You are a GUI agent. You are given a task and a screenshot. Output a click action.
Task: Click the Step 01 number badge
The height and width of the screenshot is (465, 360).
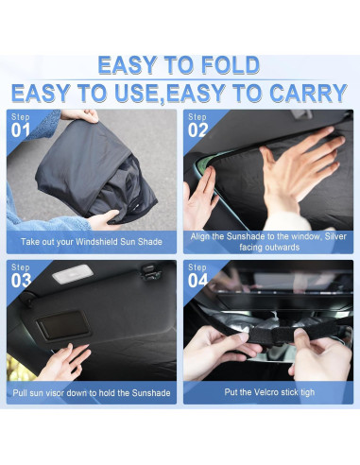point(21,125)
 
